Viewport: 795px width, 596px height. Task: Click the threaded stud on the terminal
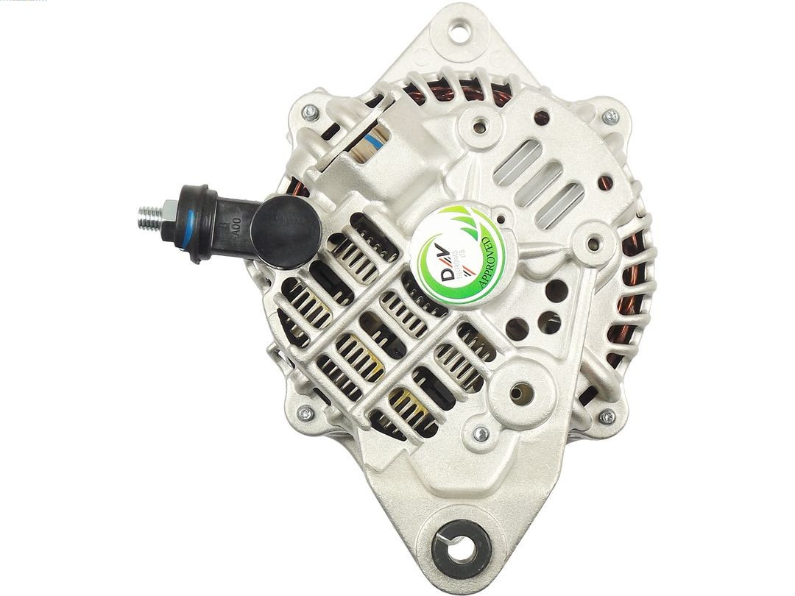point(150,218)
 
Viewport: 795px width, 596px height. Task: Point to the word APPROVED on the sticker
point(487,262)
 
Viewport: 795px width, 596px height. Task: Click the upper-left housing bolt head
point(309,112)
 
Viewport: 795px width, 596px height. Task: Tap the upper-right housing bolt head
point(609,116)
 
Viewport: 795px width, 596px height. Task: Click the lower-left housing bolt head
point(305,414)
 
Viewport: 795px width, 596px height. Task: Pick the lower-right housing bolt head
point(607,417)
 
